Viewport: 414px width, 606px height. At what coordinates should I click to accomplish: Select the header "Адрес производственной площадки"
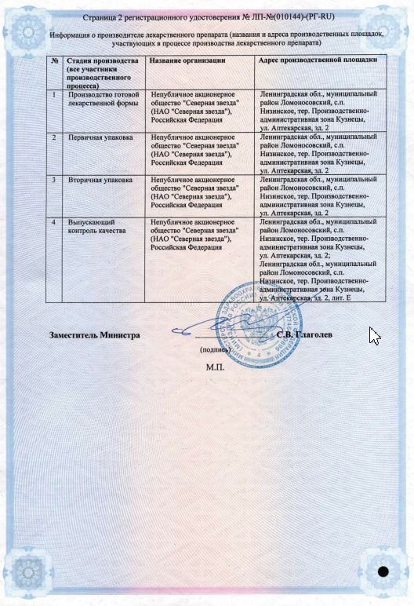coord(318,60)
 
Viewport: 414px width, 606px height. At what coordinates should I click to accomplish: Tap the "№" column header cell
coord(53,60)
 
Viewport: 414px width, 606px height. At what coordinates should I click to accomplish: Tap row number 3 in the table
coord(53,180)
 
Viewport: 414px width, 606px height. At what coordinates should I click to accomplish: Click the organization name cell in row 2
coord(196,146)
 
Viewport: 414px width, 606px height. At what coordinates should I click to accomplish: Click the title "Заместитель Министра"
coord(94,334)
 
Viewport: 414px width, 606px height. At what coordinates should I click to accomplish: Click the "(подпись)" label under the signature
coord(215,350)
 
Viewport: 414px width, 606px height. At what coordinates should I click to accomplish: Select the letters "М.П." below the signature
coord(215,367)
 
